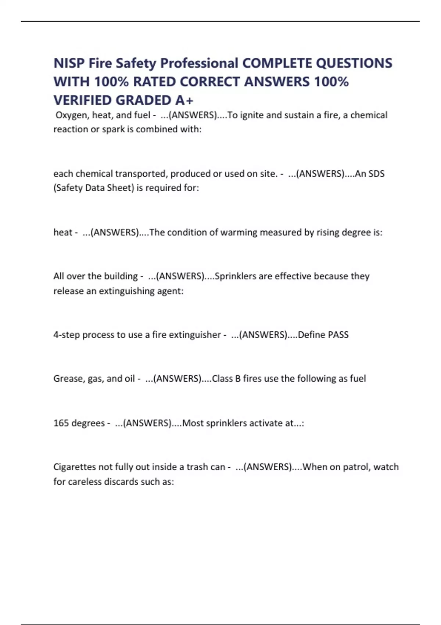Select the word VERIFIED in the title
click(x=83, y=100)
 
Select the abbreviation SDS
click(x=376, y=174)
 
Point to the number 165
click(x=61, y=423)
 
